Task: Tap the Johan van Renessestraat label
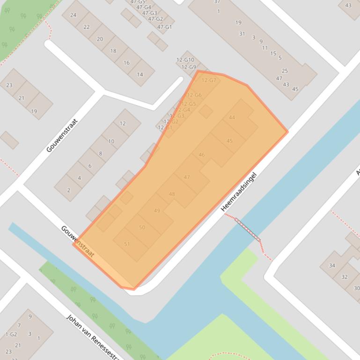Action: pos(94,336)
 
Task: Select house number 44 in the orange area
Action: pos(232,117)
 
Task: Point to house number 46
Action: pos(201,155)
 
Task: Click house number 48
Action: pos(172,194)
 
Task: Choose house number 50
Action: pos(142,228)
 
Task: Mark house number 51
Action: pos(127,244)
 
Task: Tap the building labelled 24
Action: pos(73,15)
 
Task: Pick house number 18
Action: pos(113,51)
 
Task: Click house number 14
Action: pos(140,74)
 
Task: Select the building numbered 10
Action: pos(111,141)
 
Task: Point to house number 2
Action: pos(69,190)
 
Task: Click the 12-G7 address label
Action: pos(209,80)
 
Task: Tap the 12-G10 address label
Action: pos(185,60)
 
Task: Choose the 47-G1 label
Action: pos(164,27)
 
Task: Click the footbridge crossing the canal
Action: pos(247,229)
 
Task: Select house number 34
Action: pos(332,266)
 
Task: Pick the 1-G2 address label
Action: pos(11,334)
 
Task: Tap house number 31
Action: pos(242,34)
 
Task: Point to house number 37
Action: pos(217,2)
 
